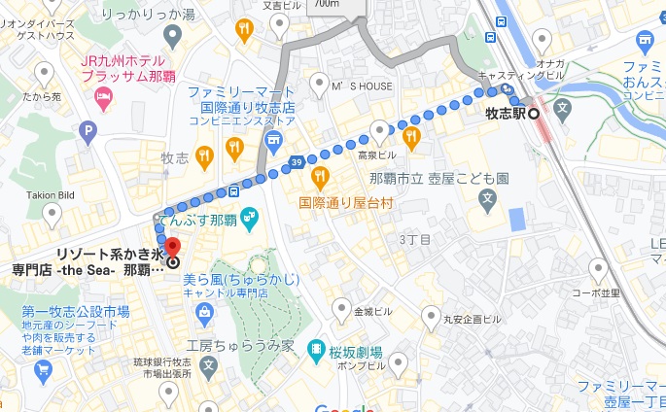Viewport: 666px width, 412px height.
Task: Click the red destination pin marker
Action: coord(173,248)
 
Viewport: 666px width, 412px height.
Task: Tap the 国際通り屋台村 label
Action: coord(345,203)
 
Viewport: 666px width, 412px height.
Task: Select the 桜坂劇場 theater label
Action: coord(355,351)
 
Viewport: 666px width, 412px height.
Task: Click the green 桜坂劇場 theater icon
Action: coord(316,350)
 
